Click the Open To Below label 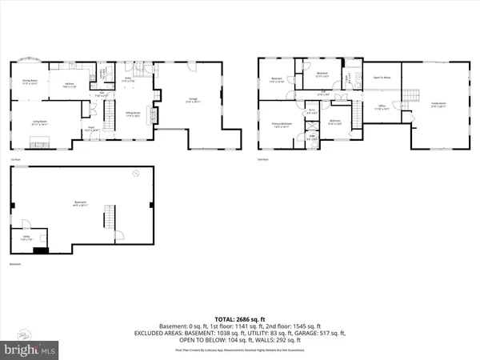point(382,78)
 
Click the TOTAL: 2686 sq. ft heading point(240,318)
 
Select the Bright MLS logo point(30,349)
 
